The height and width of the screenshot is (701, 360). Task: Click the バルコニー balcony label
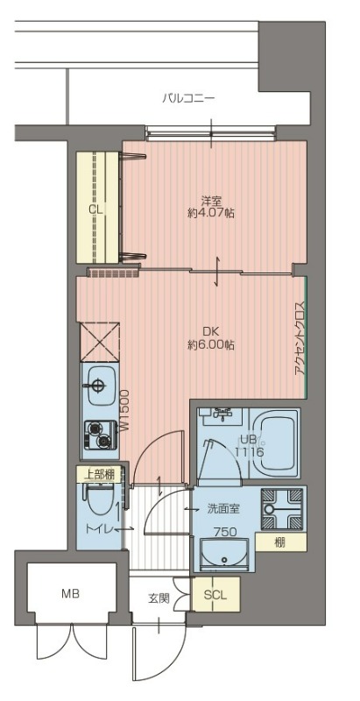pos(188,97)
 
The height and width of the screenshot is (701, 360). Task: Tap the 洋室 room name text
pos(211,200)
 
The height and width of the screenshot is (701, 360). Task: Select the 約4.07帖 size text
pos(211,213)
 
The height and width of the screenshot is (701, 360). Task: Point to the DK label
pos(211,332)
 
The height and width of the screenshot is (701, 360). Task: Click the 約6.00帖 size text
pos(211,345)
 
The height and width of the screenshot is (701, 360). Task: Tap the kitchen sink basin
pos(100,385)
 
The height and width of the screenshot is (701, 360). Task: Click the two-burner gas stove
pos(100,435)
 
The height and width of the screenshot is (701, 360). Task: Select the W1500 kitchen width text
pos(124,410)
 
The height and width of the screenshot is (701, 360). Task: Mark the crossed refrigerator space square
pos(100,342)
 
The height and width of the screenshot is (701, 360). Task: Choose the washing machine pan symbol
pos(282,509)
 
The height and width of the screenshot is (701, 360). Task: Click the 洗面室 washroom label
pos(224,508)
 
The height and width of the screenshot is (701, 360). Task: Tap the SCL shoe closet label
pos(215,596)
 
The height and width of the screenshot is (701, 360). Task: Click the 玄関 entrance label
pos(159,598)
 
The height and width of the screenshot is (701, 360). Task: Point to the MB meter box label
pos(71,594)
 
